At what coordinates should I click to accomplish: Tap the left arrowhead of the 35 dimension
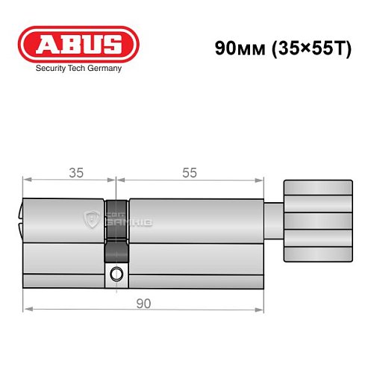click(x=27, y=180)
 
